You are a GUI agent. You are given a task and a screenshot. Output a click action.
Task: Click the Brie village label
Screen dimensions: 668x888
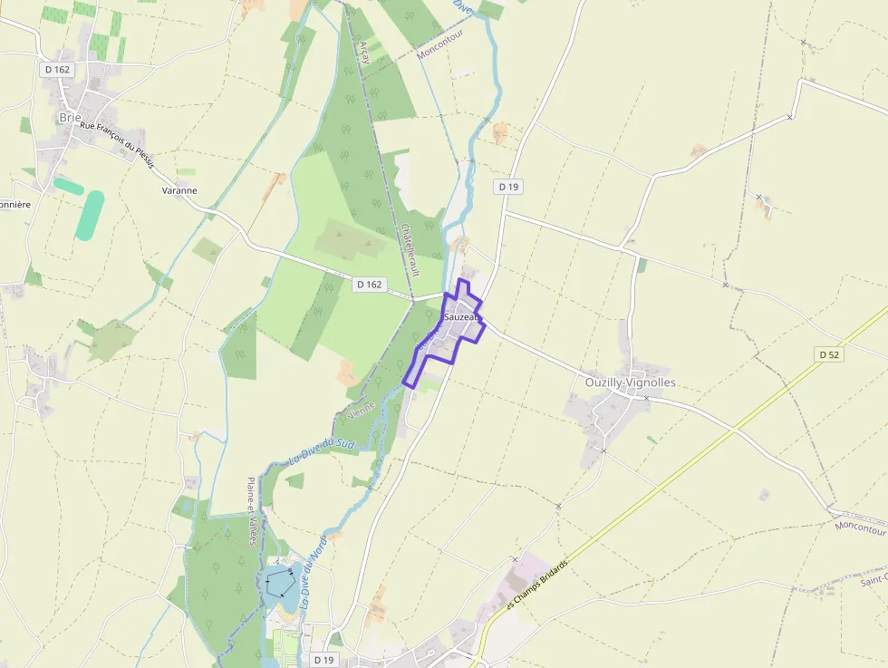pos(70,117)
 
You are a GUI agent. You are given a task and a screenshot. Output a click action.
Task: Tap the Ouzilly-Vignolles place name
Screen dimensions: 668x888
pos(630,382)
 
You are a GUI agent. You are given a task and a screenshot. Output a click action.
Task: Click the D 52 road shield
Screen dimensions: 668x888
pos(828,354)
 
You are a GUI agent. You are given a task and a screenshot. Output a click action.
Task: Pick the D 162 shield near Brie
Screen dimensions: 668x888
pos(56,69)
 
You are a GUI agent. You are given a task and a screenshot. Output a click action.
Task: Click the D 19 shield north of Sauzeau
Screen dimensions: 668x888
pos(508,187)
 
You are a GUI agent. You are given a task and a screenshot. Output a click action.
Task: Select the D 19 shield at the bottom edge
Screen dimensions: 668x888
pos(323,660)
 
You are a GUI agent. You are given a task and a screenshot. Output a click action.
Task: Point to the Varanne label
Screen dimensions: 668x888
pos(179,190)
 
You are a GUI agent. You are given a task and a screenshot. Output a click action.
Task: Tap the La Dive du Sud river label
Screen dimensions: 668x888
pos(320,450)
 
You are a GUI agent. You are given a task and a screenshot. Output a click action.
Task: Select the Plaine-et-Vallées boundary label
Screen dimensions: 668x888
pos(251,511)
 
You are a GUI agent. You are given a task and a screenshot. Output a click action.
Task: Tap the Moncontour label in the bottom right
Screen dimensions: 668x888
pos(860,526)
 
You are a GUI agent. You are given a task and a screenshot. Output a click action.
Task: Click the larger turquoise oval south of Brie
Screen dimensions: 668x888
pos(90,215)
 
